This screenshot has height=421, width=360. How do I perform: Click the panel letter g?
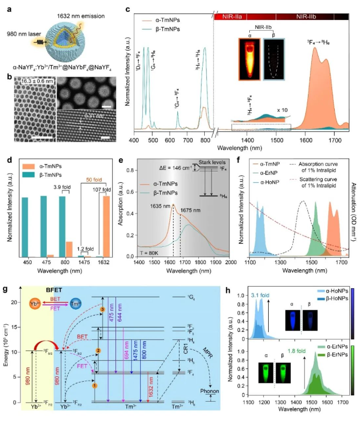click(5, 289)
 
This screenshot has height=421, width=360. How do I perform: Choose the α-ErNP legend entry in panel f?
click(267, 172)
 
